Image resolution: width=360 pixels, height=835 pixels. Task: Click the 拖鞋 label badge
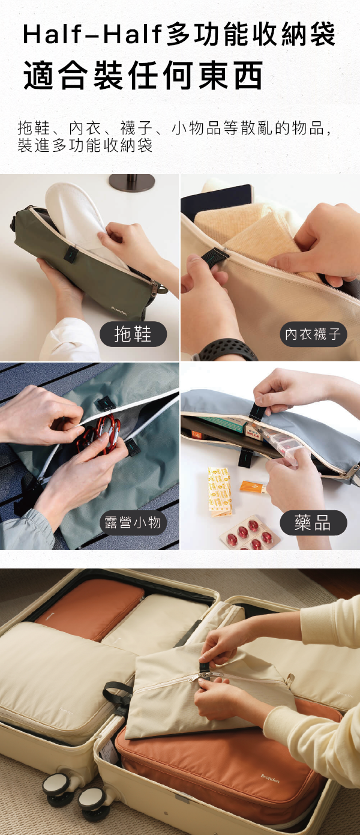click(x=133, y=334)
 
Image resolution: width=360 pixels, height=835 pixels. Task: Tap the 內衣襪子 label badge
click(x=313, y=334)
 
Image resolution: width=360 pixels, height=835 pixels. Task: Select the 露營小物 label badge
click(x=133, y=523)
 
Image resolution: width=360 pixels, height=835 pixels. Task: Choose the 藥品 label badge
click(x=313, y=523)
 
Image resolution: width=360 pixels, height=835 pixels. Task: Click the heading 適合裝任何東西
click(x=143, y=76)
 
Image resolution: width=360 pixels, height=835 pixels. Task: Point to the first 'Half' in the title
click(x=52, y=34)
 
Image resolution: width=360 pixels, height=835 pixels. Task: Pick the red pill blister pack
click(x=250, y=532)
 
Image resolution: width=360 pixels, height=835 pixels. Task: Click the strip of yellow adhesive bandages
click(x=220, y=492)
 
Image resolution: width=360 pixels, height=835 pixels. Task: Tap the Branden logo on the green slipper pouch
click(x=119, y=311)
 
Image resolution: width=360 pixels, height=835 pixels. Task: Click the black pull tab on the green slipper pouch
click(x=70, y=253)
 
